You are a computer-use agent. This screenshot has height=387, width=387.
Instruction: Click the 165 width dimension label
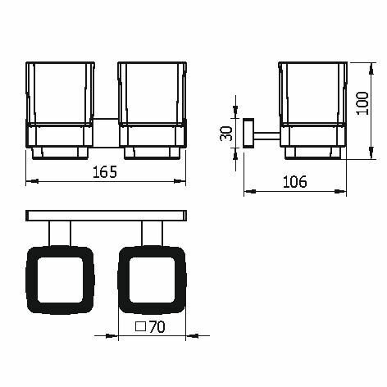click(x=105, y=172)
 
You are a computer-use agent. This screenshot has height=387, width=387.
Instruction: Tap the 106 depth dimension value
click(x=295, y=182)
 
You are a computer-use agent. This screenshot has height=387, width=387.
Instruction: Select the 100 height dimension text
click(x=363, y=103)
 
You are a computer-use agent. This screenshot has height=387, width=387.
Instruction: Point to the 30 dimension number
click(x=226, y=133)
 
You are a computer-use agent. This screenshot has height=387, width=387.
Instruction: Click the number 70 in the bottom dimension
click(x=157, y=326)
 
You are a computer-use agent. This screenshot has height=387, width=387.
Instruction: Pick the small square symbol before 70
click(x=141, y=326)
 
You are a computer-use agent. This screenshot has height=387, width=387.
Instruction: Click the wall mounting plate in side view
click(x=248, y=133)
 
